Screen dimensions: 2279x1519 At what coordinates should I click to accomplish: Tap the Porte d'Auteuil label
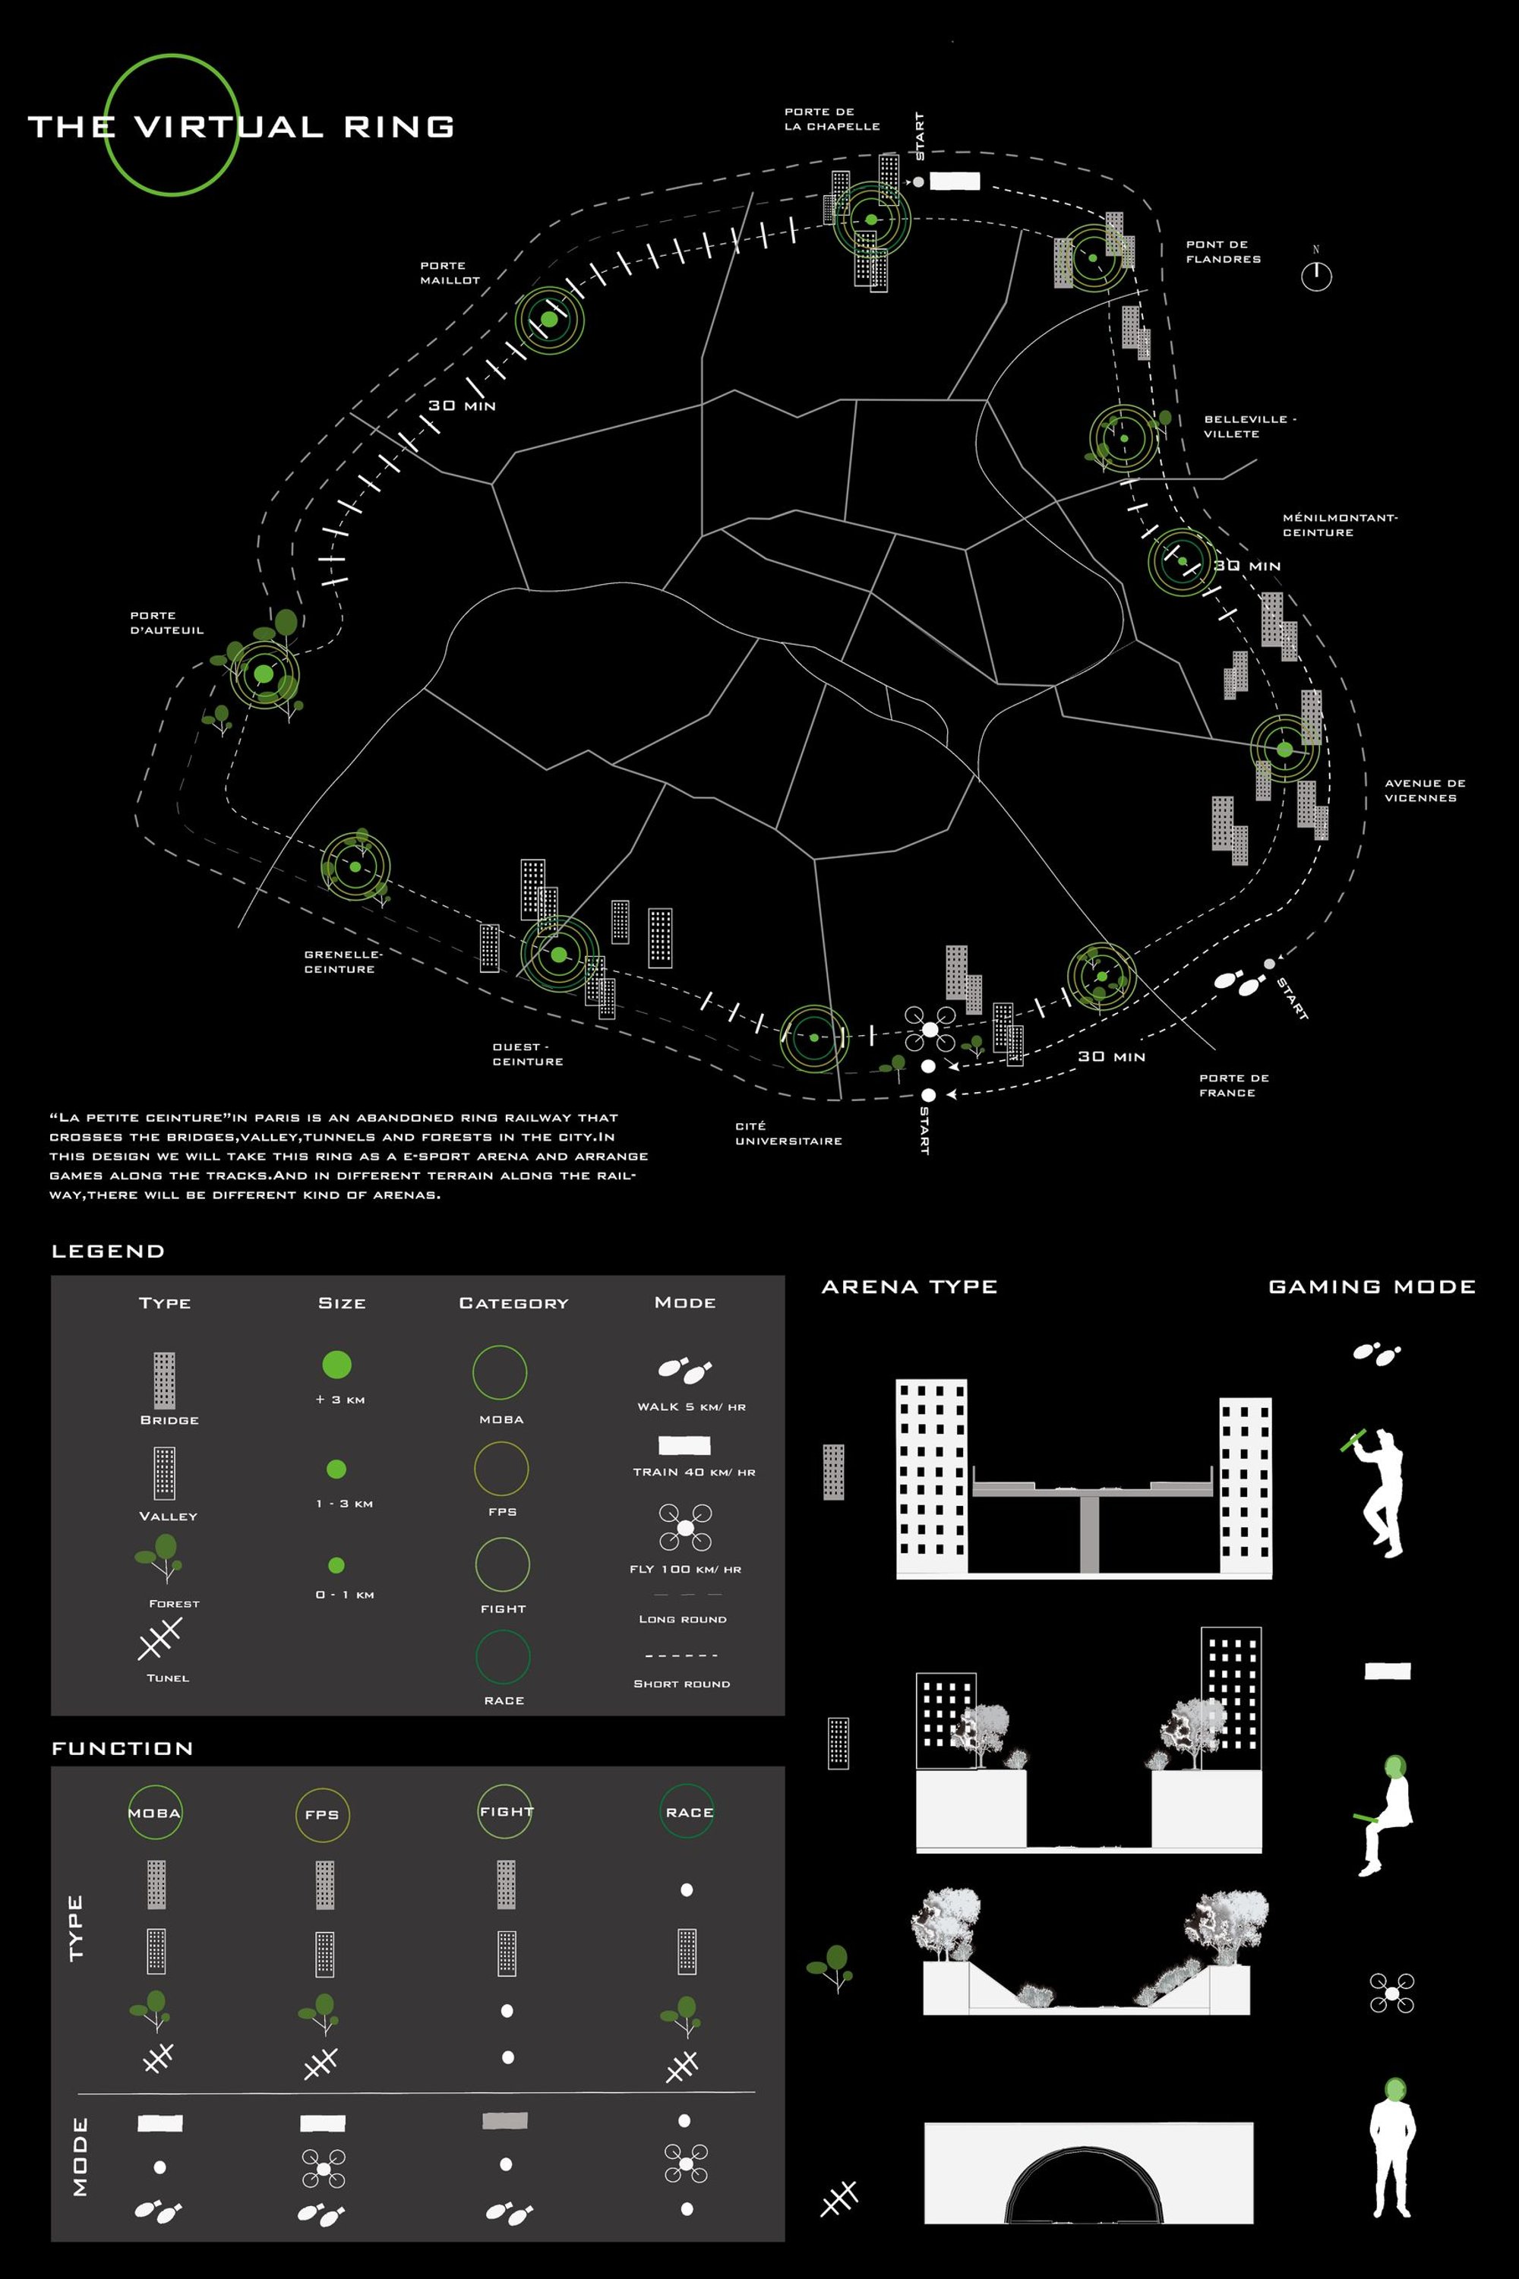tap(166, 623)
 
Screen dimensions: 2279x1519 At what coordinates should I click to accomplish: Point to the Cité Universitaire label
tap(788, 1133)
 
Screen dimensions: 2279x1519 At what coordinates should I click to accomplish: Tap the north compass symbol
tap(1315, 275)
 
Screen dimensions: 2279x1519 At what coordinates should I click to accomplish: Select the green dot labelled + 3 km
tap(336, 1365)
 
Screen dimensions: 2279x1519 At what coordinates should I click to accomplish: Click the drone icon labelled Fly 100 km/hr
tap(685, 1527)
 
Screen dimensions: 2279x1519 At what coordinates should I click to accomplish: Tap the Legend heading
tap(108, 1252)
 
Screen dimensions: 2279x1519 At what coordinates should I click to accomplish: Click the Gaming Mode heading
tap(1371, 1286)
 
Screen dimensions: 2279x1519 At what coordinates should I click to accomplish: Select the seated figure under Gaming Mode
tap(1385, 1815)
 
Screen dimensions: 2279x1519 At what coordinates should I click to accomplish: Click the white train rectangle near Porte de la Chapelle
tap(954, 181)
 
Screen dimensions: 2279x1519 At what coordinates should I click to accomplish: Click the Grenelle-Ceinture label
tap(343, 961)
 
